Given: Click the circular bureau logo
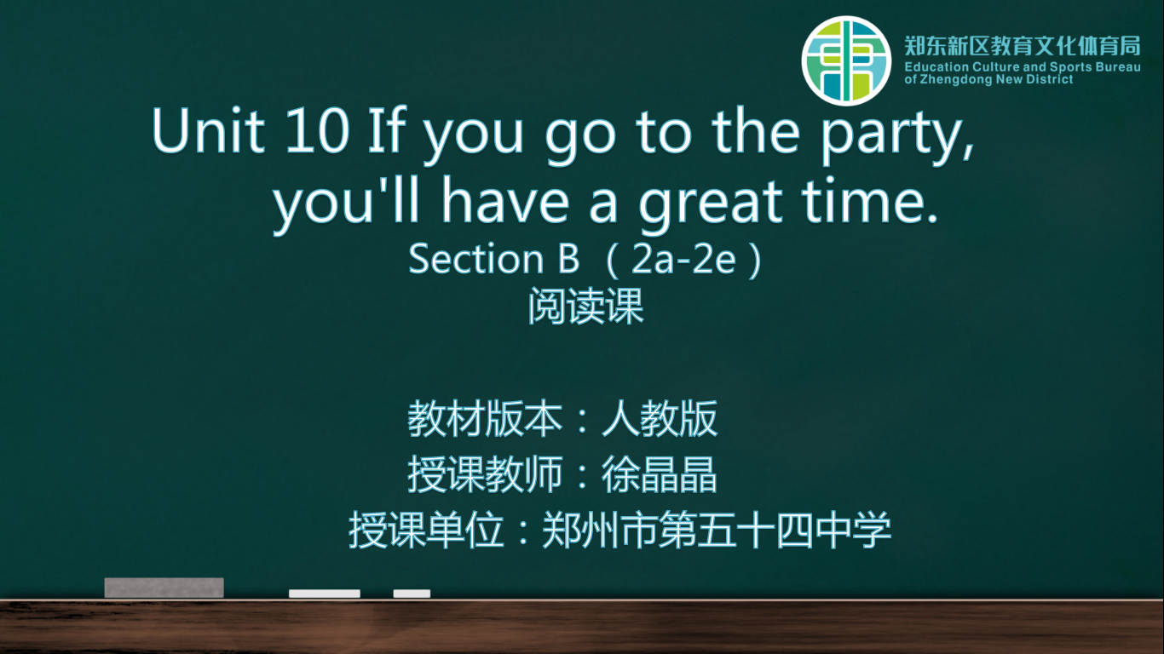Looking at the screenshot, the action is click(x=846, y=60).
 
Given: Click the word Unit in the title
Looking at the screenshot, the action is click(x=208, y=130).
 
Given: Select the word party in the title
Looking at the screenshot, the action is click(x=897, y=135).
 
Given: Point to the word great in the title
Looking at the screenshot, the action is click(x=710, y=204).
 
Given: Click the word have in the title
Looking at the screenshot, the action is click(x=506, y=200).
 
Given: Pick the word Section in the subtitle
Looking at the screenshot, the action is click(x=475, y=258).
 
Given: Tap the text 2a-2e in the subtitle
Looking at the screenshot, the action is click(x=683, y=259).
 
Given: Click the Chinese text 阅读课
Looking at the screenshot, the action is click(x=585, y=307).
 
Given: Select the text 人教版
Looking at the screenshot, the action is click(x=660, y=419).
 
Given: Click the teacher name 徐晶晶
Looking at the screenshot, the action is click(x=660, y=474).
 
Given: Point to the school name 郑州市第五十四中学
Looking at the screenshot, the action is click(x=717, y=530).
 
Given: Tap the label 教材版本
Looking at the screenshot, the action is click(x=485, y=419).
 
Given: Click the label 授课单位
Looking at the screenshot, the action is click(x=426, y=530).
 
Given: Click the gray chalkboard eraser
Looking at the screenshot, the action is click(x=164, y=588).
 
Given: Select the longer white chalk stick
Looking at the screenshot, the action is click(x=325, y=594).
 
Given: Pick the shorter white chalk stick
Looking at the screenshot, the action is click(x=412, y=594).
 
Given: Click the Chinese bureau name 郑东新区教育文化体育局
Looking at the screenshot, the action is click(x=1023, y=46).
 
